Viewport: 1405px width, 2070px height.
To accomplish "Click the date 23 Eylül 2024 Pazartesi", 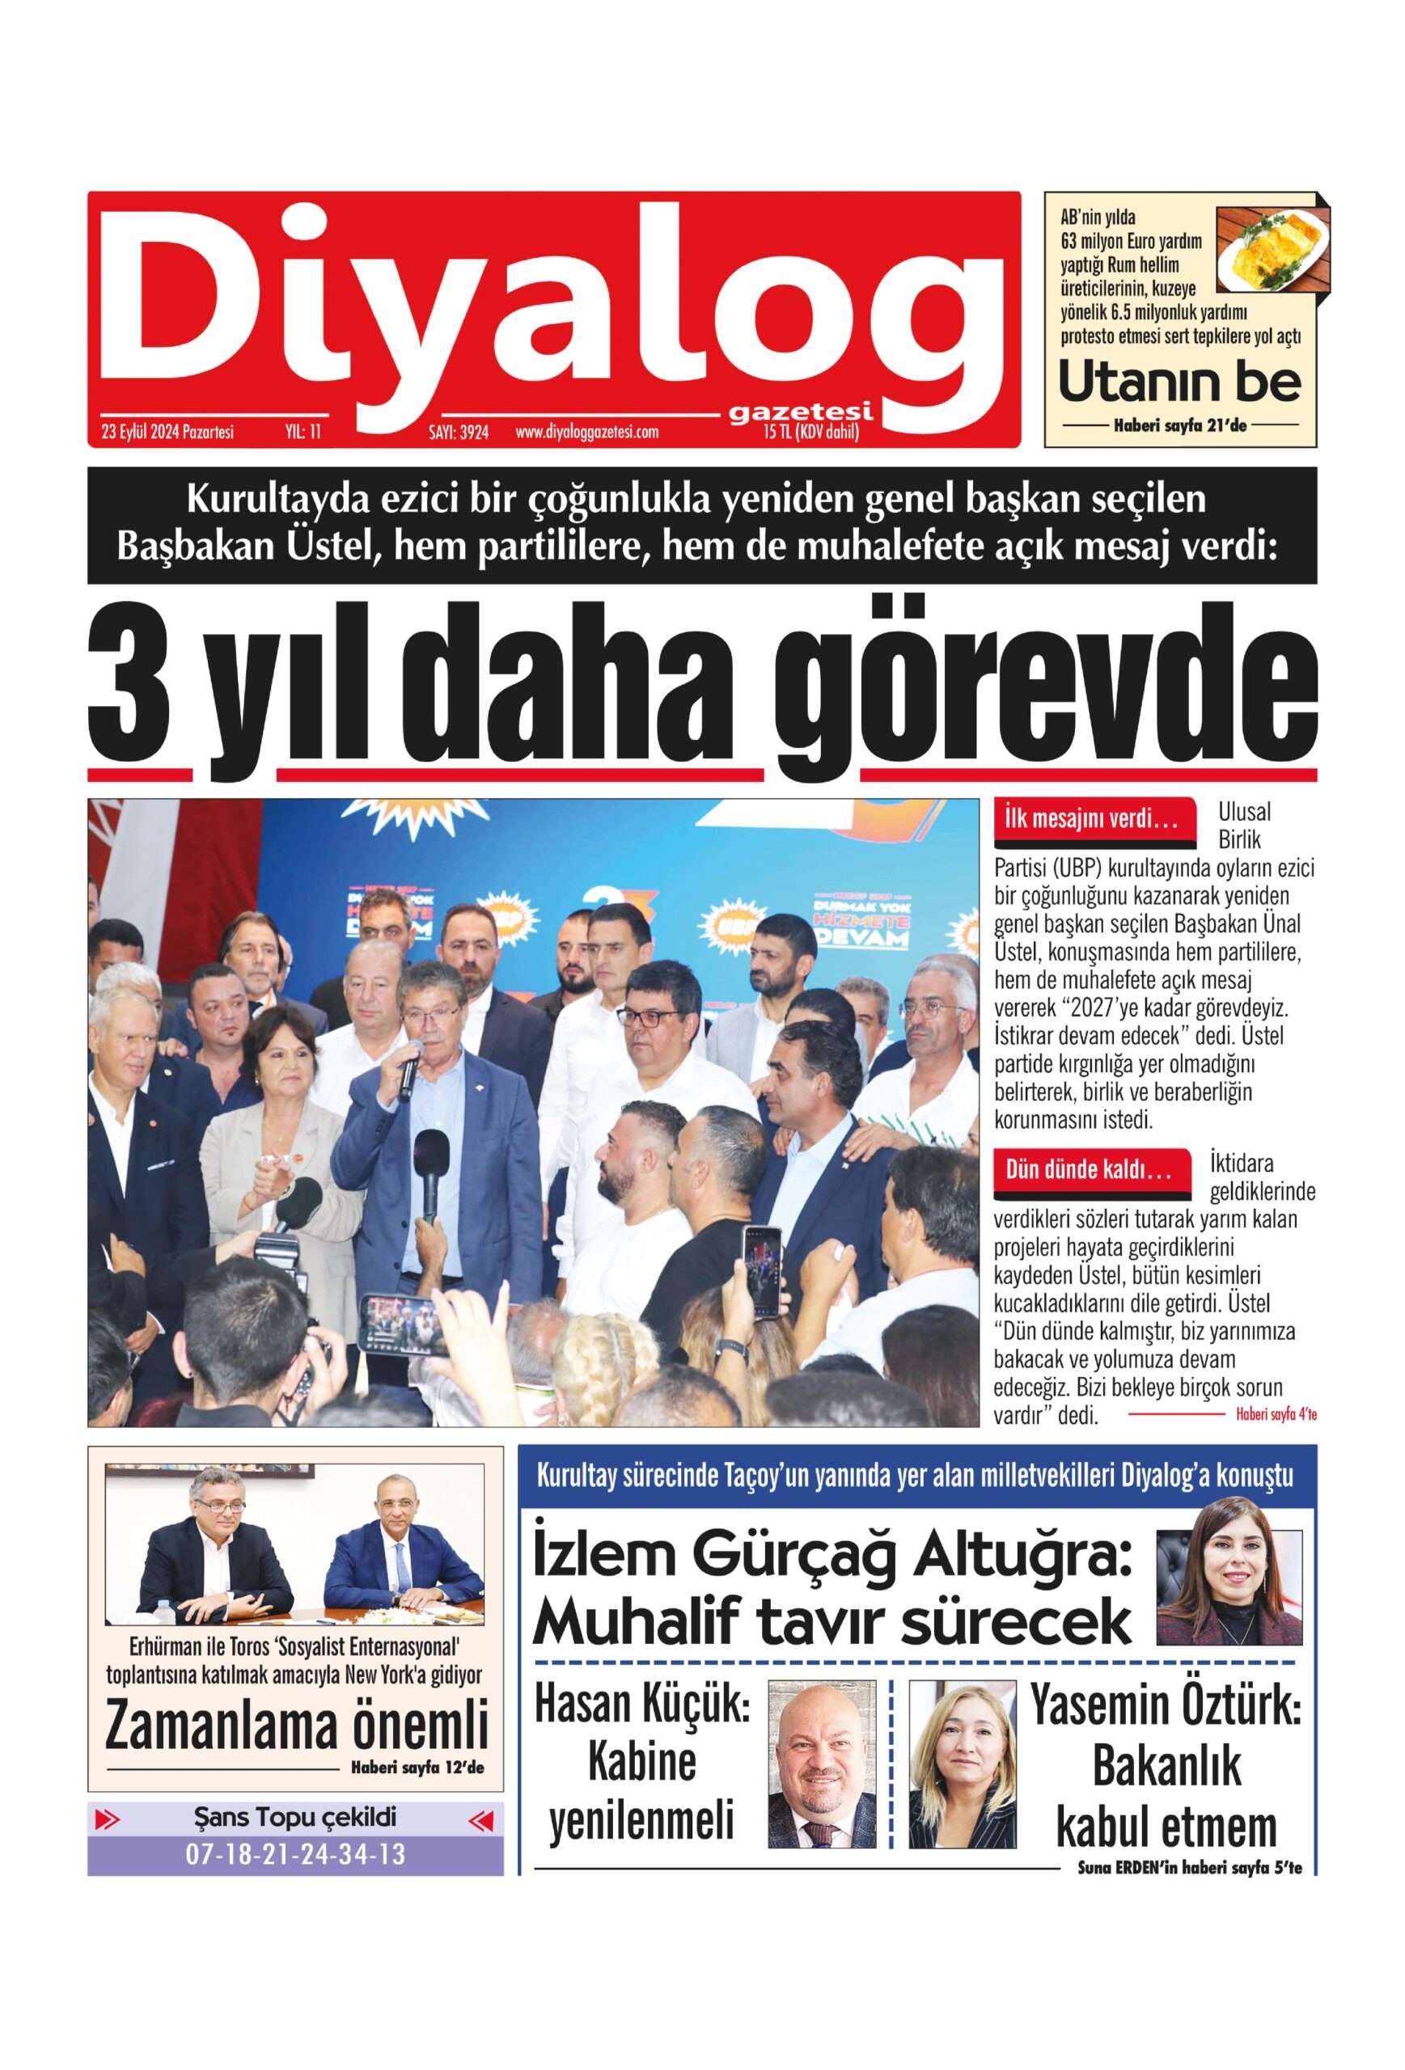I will (167, 433).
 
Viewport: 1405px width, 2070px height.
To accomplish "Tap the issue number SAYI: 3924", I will (458, 433).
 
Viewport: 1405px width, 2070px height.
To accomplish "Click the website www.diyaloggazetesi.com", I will (586, 433).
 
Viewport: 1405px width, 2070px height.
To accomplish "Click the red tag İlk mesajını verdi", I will (1092, 819).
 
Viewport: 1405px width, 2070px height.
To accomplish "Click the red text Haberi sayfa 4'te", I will (1275, 1413).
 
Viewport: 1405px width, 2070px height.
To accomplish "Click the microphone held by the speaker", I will (410, 1067).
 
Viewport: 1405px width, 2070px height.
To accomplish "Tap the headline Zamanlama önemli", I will (296, 1725).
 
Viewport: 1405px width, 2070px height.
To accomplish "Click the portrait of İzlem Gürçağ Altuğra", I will (1229, 1573).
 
